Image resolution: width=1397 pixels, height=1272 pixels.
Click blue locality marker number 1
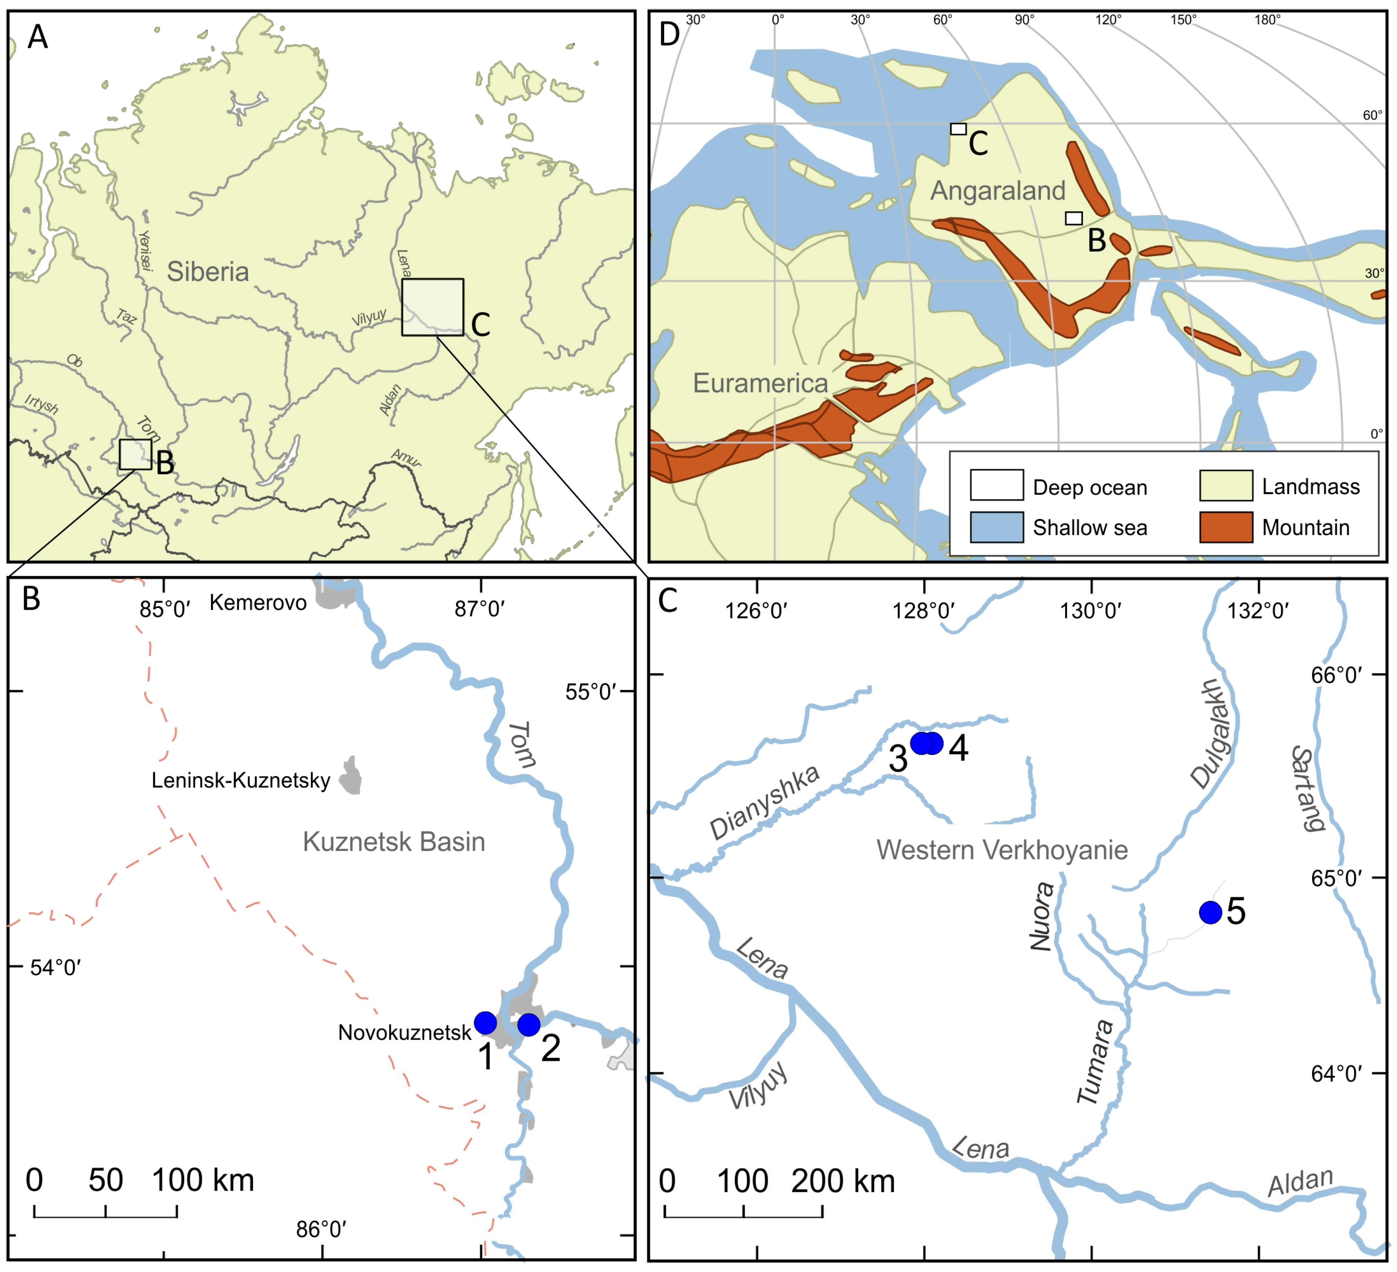pos(485,1023)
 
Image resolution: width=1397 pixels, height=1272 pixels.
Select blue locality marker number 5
pos(1211,912)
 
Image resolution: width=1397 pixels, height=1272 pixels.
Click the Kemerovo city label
pos(258,603)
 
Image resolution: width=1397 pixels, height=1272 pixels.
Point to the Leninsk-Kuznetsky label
pos(241,781)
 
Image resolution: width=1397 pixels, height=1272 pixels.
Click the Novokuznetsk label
pos(405,1033)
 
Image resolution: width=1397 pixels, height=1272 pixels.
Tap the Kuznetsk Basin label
pos(394,842)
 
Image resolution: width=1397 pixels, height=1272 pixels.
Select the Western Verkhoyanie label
pos(1002,850)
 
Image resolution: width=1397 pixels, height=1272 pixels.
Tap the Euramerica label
pos(760,383)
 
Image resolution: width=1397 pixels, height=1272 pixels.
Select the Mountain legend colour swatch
pos(1226,527)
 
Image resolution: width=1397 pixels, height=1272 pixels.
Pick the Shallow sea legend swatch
pos(997,527)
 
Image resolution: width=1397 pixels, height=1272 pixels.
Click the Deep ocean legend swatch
pos(997,485)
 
